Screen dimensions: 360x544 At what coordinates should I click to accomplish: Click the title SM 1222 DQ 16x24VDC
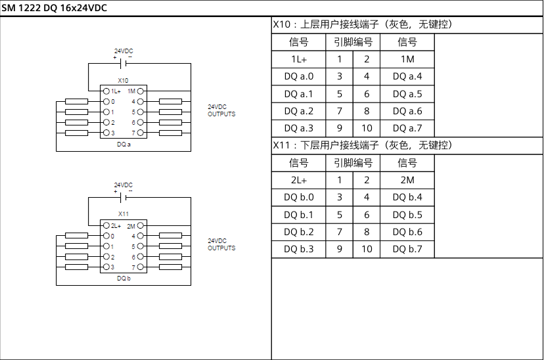pyautogui.click(x=55, y=8)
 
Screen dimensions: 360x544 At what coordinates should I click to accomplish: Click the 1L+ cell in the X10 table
pyautogui.click(x=299, y=59)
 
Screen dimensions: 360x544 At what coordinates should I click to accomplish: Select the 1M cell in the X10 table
pyautogui.click(x=407, y=59)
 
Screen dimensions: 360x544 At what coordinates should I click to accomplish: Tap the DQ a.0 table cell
pyautogui.click(x=299, y=76)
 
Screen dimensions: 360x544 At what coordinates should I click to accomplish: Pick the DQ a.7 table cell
pyautogui.click(x=407, y=128)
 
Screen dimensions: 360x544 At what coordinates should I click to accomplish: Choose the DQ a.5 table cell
pyautogui.click(x=407, y=94)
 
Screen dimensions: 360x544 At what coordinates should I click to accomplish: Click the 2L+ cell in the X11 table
pyautogui.click(x=299, y=180)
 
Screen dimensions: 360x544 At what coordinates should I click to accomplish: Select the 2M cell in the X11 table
pyautogui.click(x=407, y=180)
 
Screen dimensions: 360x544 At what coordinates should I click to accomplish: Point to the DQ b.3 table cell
pyautogui.click(x=299, y=249)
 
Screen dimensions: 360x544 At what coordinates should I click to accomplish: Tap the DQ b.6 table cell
pyautogui.click(x=407, y=232)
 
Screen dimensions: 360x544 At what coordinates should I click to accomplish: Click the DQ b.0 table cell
pyautogui.click(x=299, y=197)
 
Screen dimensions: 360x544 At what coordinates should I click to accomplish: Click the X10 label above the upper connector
pyautogui.click(x=124, y=80)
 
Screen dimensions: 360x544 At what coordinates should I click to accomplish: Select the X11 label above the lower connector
pyautogui.click(x=124, y=214)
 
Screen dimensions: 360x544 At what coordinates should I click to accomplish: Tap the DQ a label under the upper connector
pyautogui.click(x=124, y=144)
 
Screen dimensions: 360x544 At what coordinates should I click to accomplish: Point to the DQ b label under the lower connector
pyautogui.click(x=124, y=279)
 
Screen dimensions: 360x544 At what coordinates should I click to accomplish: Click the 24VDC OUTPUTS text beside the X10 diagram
pyautogui.click(x=221, y=110)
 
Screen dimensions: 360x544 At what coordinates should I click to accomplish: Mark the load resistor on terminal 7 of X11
pyautogui.click(x=171, y=267)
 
